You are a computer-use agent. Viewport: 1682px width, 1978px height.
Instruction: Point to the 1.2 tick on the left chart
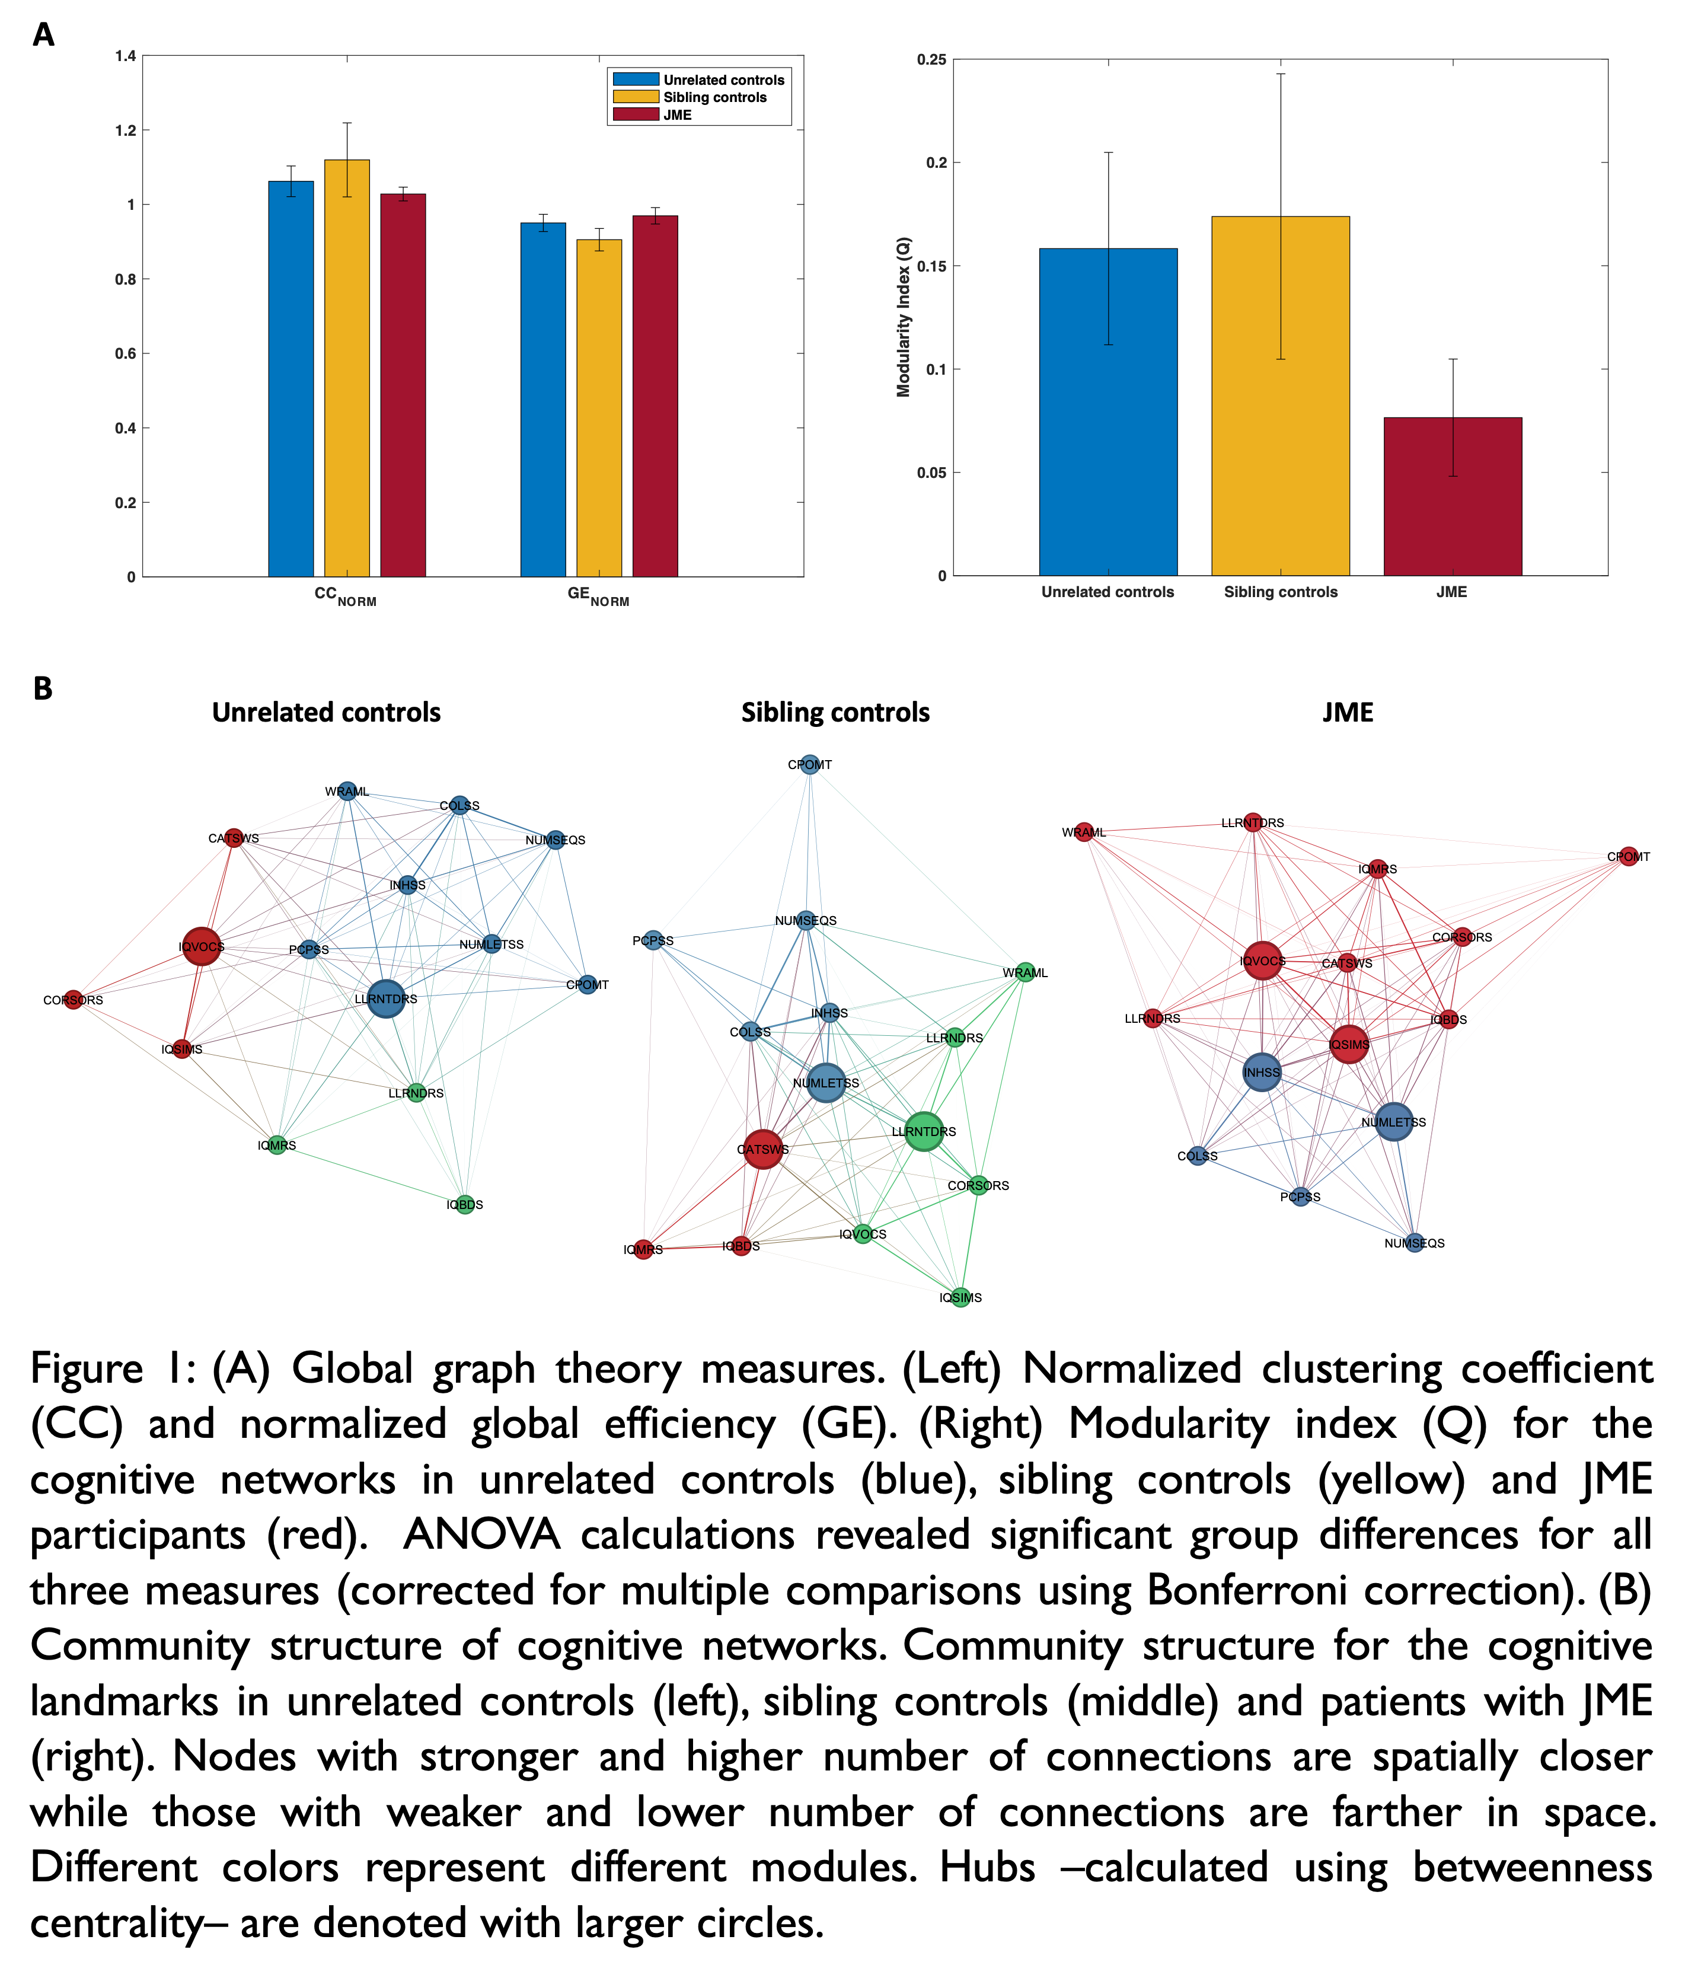(x=126, y=130)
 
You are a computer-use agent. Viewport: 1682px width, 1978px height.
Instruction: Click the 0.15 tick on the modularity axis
(x=931, y=266)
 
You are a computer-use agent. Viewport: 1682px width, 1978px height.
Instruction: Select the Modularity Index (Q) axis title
(x=903, y=317)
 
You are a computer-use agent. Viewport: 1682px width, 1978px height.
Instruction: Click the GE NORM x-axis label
(x=598, y=595)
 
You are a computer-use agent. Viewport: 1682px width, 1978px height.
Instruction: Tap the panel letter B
(x=43, y=688)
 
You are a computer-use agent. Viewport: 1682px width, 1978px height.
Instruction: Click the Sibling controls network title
(x=835, y=713)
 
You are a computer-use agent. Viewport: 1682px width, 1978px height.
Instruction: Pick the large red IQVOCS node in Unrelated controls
(x=201, y=946)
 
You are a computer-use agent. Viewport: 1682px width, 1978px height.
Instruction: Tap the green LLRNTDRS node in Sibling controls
(x=923, y=1131)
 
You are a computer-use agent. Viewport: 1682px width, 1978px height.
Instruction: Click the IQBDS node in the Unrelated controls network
(x=464, y=1205)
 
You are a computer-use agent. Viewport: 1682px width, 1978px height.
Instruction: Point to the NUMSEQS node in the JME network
(x=1415, y=1243)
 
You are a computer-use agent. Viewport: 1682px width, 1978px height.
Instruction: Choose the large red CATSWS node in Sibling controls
(x=763, y=1149)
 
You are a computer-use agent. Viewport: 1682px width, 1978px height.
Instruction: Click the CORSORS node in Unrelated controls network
(x=74, y=1000)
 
